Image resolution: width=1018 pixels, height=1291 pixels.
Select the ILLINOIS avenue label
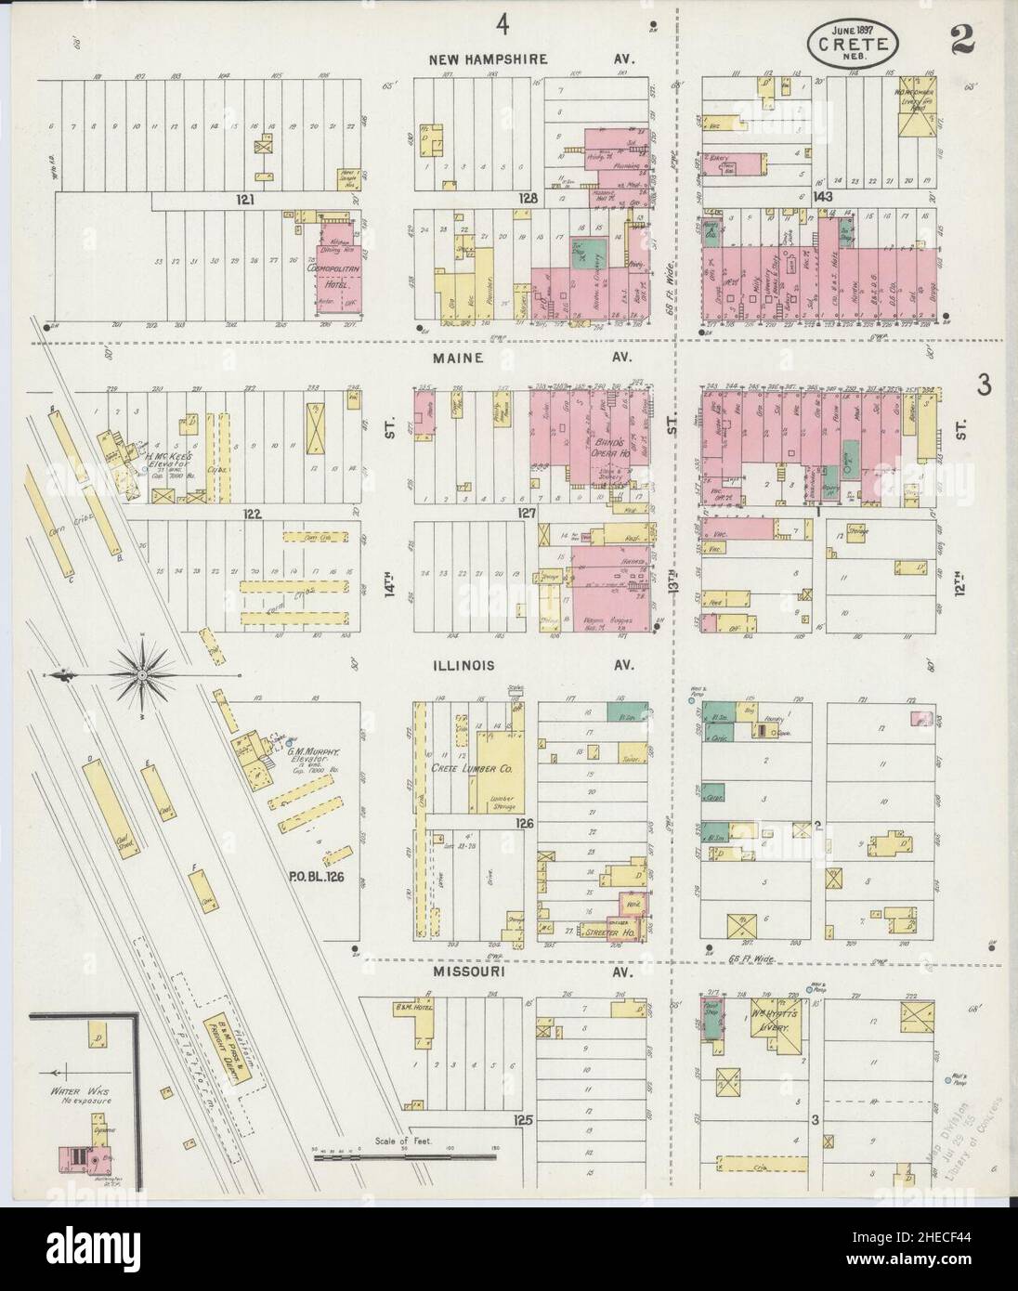click(x=462, y=665)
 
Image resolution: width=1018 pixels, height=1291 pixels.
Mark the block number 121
click(x=244, y=199)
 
